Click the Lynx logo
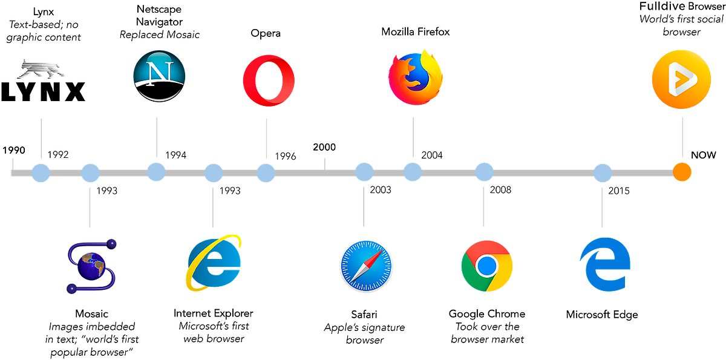(x=44, y=82)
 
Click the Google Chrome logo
(x=486, y=266)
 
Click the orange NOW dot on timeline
(x=682, y=172)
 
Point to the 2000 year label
(x=325, y=147)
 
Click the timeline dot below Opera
(x=266, y=172)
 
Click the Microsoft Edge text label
(x=601, y=315)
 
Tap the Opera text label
(x=266, y=34)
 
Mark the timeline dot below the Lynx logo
(x=41, y=172)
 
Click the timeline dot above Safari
(x=364, y=172)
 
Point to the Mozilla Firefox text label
(x=415, y=33)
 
